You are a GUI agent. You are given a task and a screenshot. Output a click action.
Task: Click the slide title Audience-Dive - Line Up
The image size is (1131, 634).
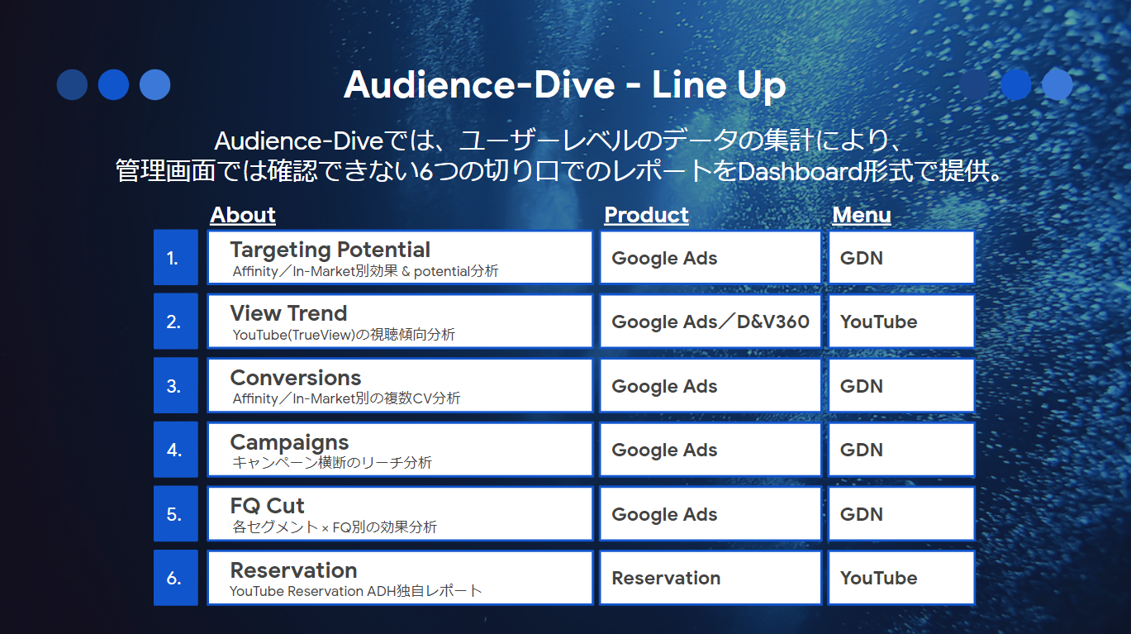tap(564, 85)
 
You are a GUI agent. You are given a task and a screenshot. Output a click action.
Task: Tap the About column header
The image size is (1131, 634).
tap(243, 215)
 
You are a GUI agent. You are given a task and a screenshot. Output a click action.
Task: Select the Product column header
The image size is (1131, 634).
tap(646, 215)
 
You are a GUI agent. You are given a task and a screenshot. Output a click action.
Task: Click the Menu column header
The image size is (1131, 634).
tap(862, 215)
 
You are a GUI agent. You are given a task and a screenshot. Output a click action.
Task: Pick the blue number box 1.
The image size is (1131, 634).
tap(176, 257)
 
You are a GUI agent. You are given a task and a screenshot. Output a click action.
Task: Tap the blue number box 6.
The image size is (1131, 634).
tap(176, 578)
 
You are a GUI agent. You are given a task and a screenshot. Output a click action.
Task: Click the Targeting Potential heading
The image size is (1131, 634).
tap(330, 250)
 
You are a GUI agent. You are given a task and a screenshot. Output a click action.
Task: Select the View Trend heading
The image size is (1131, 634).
tap(289, 313)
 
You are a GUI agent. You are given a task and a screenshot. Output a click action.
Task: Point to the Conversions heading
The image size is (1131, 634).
tap(296, 378)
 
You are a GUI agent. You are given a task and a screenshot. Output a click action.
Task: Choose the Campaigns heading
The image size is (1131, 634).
tap(289, 442)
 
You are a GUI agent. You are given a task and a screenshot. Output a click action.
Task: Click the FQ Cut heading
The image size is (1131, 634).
tap(267, 506)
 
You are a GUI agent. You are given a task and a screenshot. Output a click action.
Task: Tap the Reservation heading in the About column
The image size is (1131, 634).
tap(294, 570)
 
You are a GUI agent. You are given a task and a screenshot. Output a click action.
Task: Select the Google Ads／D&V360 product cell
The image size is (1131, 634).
tap(710, 322)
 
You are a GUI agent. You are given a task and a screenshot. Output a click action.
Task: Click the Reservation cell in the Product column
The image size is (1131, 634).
tap(710, 578)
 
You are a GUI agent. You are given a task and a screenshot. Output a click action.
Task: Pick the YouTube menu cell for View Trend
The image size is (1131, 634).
tap(901, 322)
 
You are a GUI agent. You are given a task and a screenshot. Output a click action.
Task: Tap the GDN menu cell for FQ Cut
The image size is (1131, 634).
tap(901, 514)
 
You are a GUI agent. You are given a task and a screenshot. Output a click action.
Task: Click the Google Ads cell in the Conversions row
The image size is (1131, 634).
tap(710, 386)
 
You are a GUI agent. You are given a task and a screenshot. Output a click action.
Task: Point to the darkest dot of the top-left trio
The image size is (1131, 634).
tap(72, 84)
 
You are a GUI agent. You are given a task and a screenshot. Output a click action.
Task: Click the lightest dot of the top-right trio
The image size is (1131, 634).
tap(1057, 84)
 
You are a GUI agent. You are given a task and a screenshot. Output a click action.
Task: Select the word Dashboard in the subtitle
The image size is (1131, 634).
tap(800, 172)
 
